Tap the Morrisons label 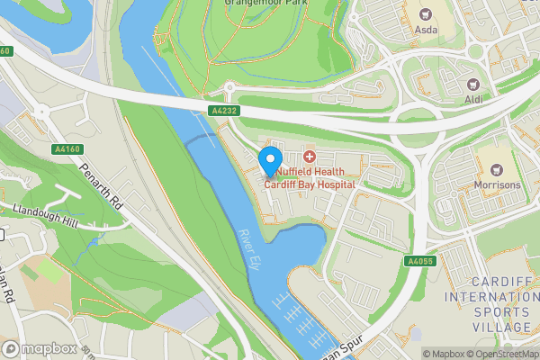497,184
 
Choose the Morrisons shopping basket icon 497,167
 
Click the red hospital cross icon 309,157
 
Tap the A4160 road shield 66,149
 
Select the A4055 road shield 420,261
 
